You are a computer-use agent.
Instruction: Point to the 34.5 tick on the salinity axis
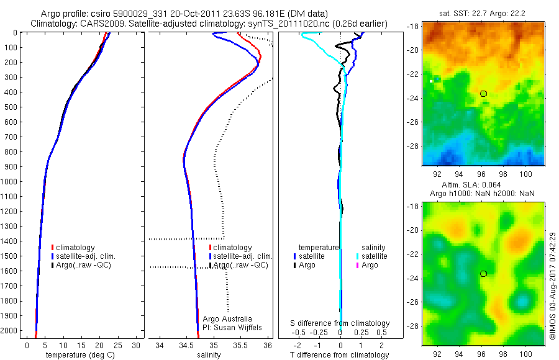click(x=186, y=344)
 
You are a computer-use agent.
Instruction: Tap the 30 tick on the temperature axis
click(x=137, y=344)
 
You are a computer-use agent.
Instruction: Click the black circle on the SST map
click(x=484, y=94)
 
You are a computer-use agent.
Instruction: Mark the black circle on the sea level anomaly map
click(x=483, y=274)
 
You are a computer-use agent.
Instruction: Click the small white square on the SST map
click(x=431, y=81)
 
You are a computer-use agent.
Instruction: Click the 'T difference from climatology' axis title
click(x=339, y=355)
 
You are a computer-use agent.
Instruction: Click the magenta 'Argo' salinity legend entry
click(x=370, y=265)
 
